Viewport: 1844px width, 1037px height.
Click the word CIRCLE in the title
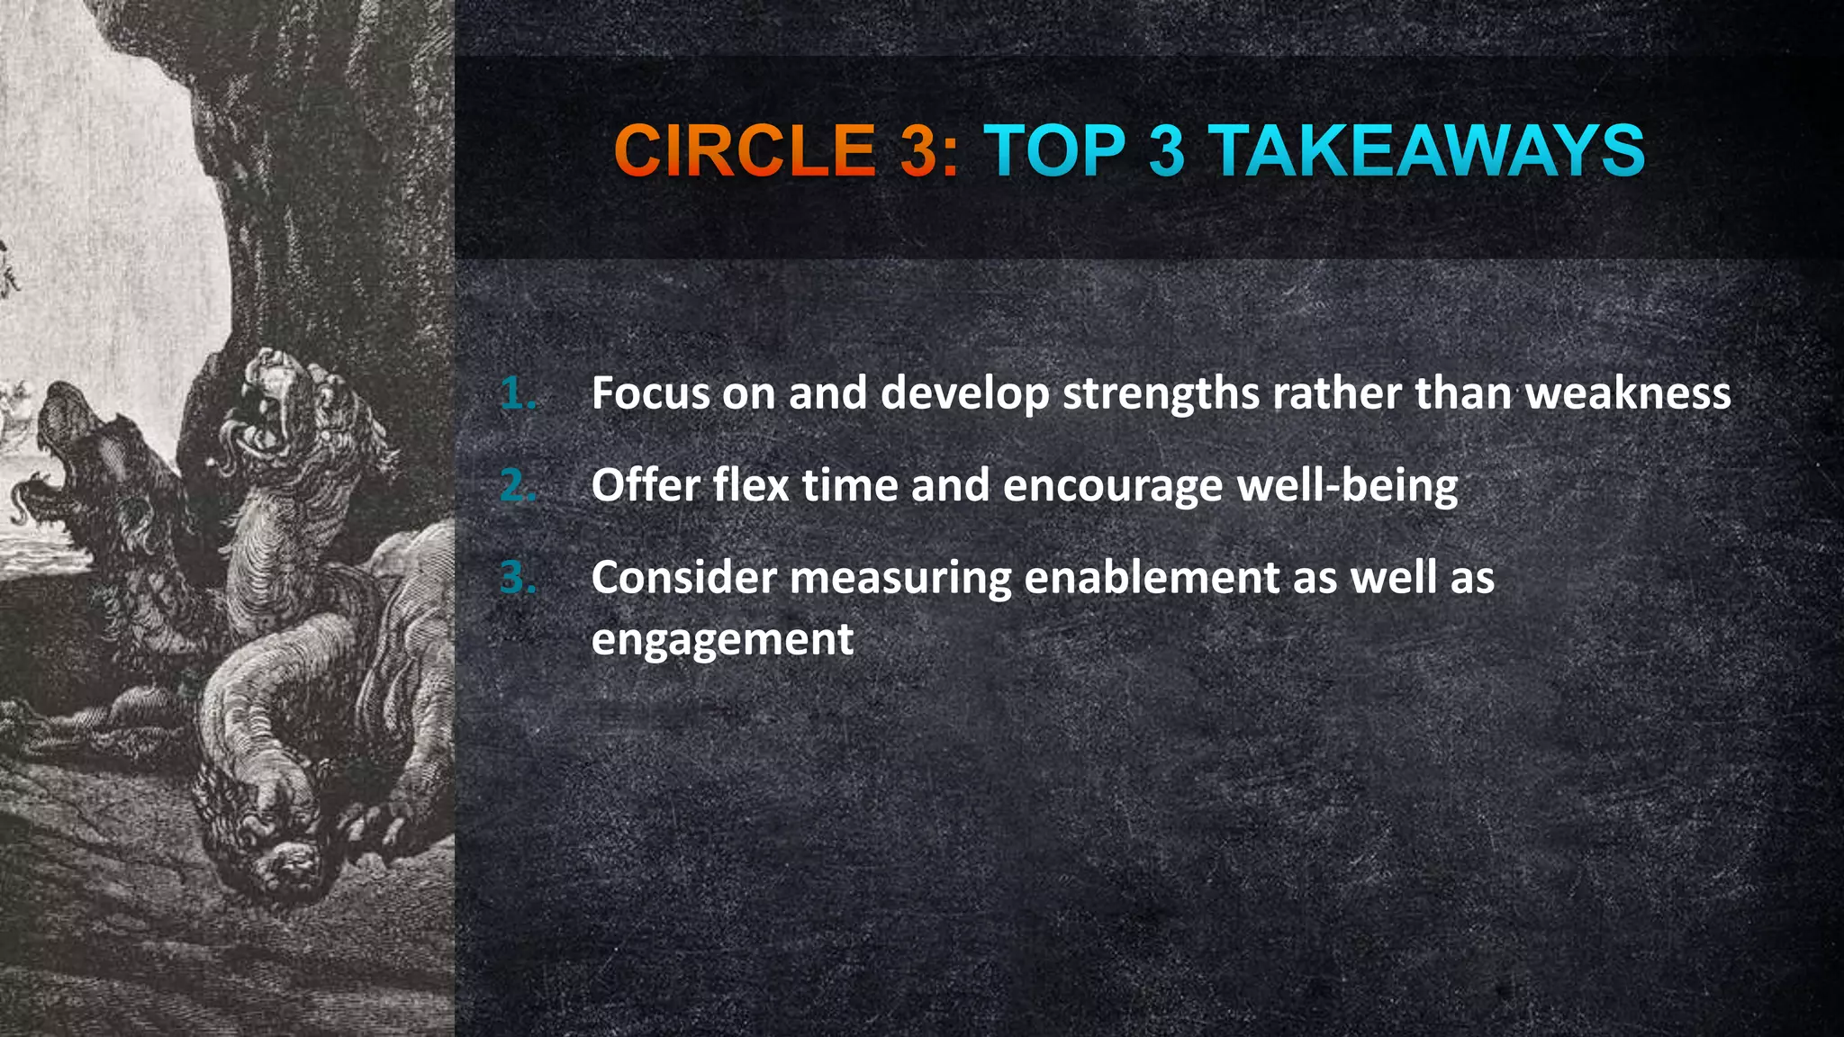[x=744, y=150]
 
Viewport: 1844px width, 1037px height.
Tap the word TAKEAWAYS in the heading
[x=1430, y=150]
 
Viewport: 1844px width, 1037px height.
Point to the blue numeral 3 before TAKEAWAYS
[x=1166, y=150]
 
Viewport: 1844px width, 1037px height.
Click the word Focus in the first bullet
[x=650, y=393]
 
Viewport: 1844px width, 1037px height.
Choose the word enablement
[x=1152, y=577]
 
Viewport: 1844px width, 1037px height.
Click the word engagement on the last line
[x=722, y=640]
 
